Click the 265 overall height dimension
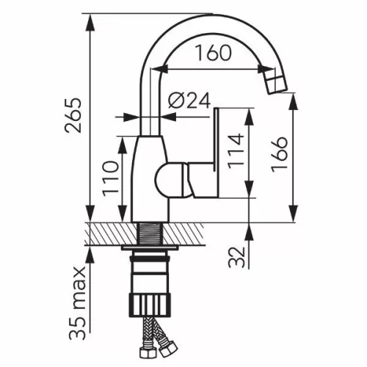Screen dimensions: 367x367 point(73,115)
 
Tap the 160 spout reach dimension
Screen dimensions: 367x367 point(214,53)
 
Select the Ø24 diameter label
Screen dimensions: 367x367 point(189,100)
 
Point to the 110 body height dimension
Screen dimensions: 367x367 point(110,179)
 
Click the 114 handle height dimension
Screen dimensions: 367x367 point(236,151)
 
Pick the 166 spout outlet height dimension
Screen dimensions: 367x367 point(280,154)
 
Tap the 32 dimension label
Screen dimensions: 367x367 point(236,257)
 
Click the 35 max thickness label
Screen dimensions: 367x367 point(77,302)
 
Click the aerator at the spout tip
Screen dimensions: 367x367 point(276,83)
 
